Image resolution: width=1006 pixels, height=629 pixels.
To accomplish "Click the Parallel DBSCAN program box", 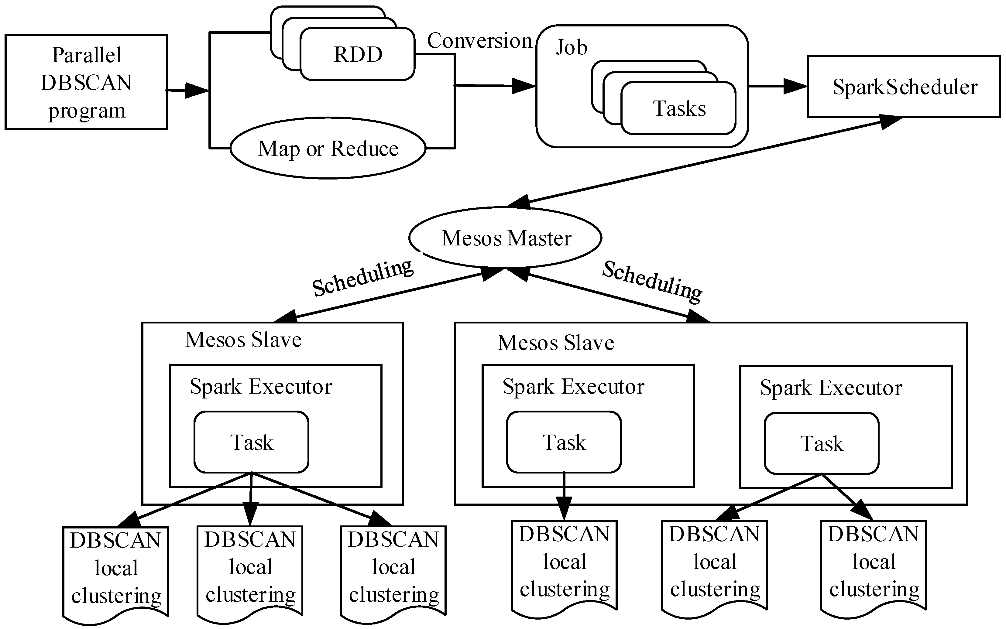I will (x=86, y=82).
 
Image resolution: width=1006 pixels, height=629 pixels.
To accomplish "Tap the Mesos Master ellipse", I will (x=506, y=238).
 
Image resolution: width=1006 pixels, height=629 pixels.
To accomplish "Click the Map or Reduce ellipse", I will (x=328, y=149).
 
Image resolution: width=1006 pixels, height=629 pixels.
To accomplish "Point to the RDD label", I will (x=358, y=54).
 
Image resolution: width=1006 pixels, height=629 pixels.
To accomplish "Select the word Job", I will (x=571, y=47).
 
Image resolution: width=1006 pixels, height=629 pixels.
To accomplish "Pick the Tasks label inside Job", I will (x=679, y=108).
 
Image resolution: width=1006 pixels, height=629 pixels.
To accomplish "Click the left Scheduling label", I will (x=362, y=278).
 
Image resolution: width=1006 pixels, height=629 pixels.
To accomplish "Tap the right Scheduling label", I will (x=652, y=281).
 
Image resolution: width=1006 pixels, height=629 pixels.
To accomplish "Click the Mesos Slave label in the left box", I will (x=243, y=340).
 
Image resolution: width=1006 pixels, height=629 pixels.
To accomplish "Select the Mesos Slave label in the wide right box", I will (x=555, y=343).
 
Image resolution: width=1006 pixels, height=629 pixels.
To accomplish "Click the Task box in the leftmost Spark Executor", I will (x=251, y=442).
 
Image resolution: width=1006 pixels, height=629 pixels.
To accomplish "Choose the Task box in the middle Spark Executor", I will (x=564, y=442).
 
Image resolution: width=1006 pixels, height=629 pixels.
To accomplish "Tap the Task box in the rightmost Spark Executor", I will (x=821, y=443).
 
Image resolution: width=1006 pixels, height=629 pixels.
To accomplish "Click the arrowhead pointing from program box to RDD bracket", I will (x=196, y=90).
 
